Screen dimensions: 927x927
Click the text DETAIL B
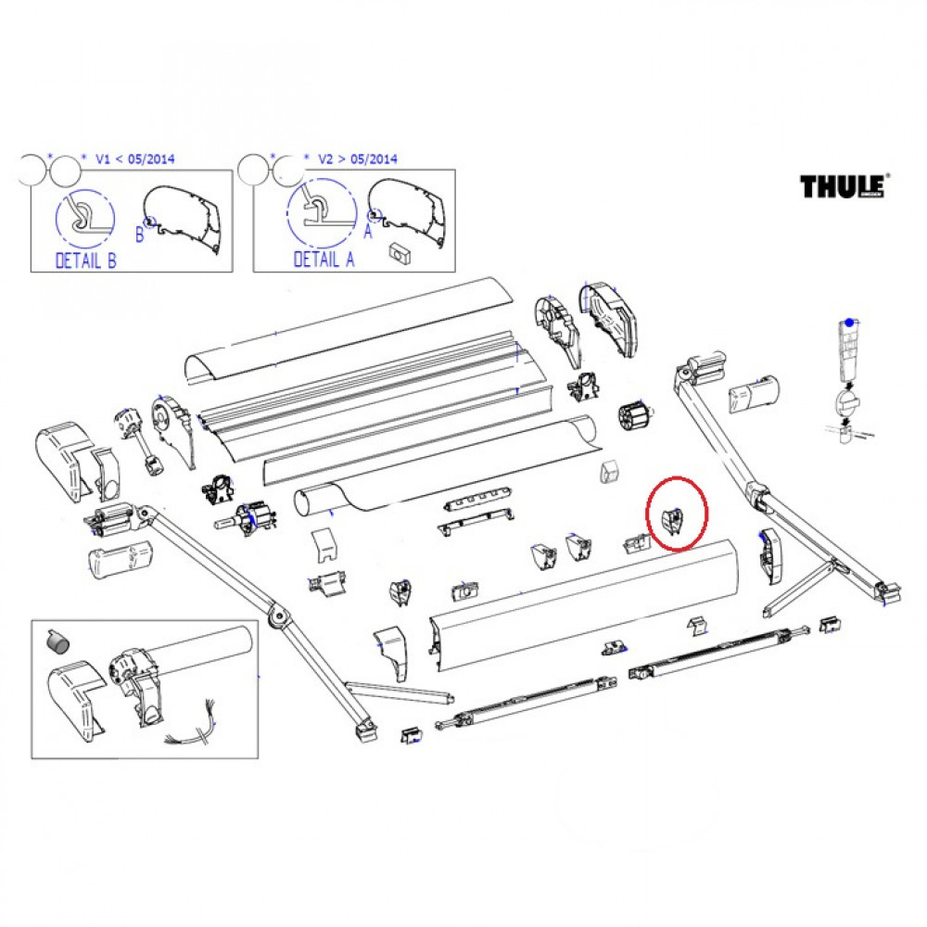click(x=86, y=260)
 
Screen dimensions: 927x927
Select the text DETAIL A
click(x=324, y=260)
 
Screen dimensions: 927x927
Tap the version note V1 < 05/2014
click(x=134, y=159)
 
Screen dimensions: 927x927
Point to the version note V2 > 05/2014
click(x=357, y=159)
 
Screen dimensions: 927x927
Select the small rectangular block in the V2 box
click(x=401, y=249)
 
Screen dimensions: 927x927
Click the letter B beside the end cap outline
click(x=140, y=235)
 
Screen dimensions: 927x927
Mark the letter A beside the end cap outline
click(x=368, y=233)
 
